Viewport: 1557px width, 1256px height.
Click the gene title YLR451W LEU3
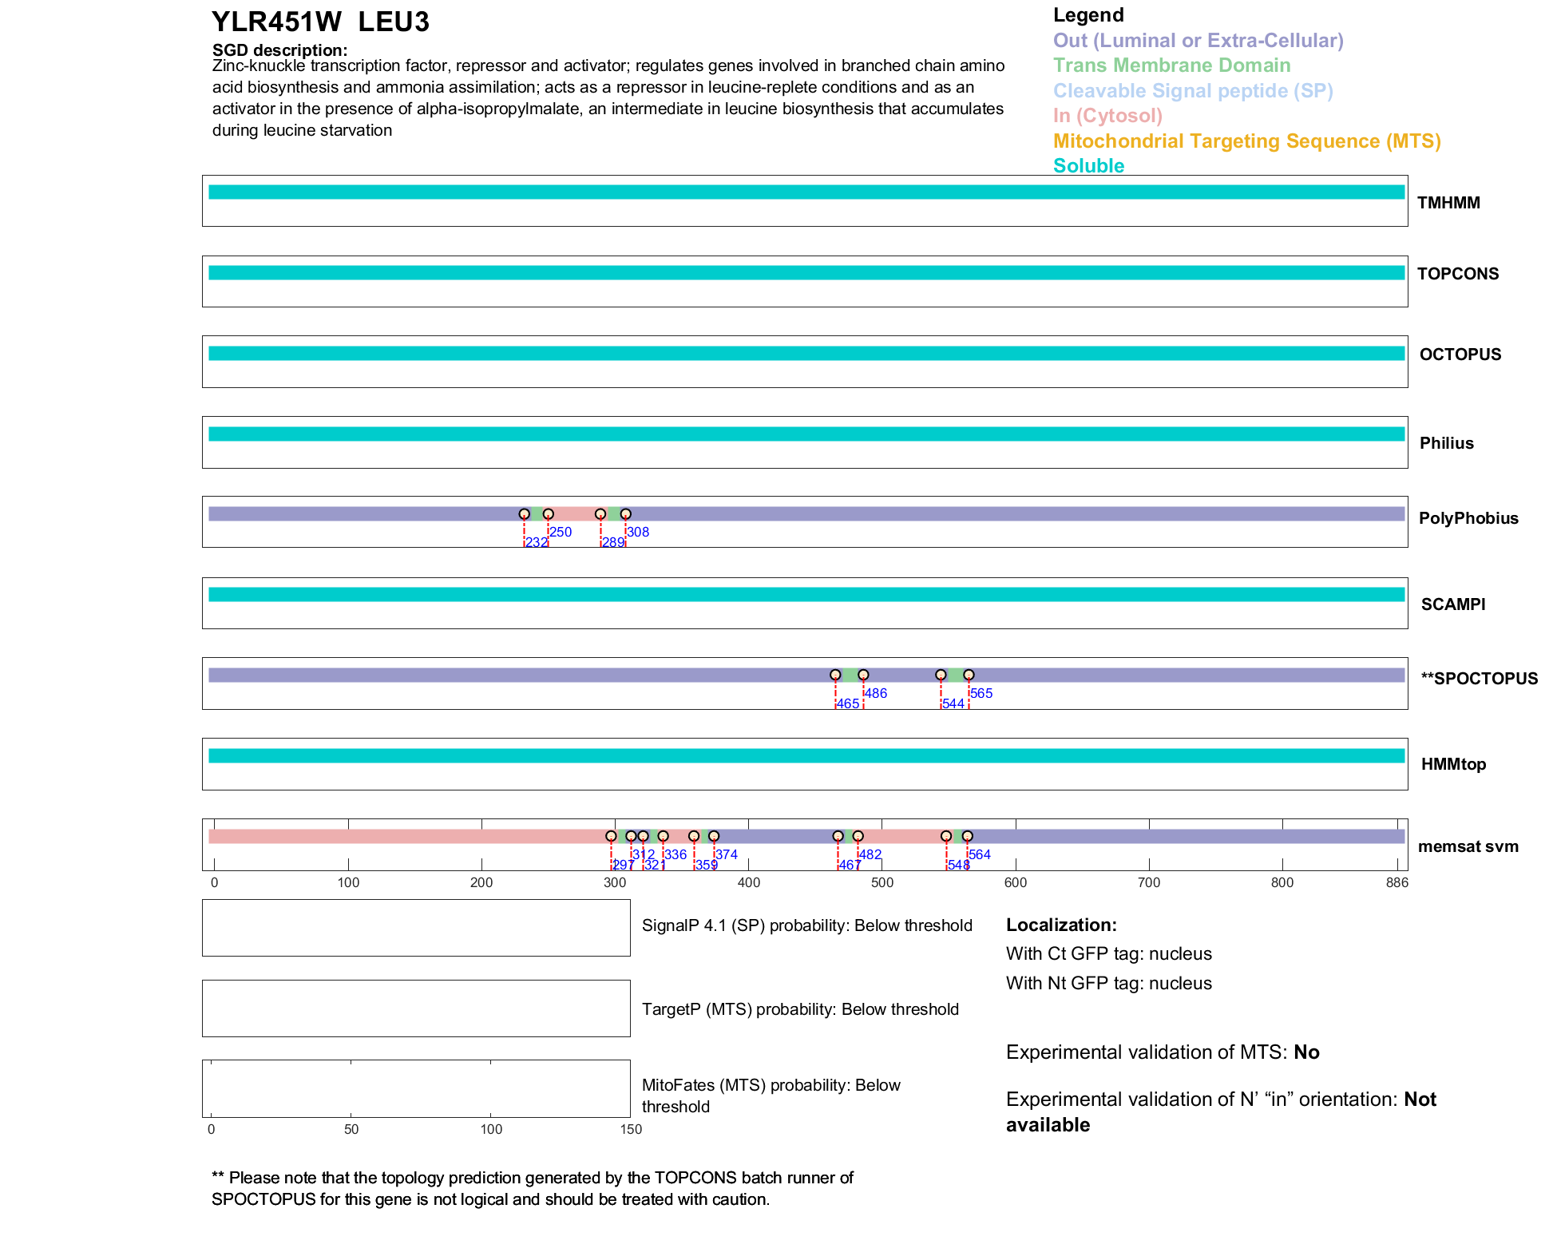pos(320,22)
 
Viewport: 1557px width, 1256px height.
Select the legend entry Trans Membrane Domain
pos(1171,65)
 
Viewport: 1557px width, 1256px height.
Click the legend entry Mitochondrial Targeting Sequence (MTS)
pos(1246,141)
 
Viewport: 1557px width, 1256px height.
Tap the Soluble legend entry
pos(1088,166)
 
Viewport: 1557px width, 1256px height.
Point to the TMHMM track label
pos(1448,203)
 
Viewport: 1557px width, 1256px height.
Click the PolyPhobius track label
pos(1468,518)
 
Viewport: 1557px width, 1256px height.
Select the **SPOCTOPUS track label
pos(1479,679)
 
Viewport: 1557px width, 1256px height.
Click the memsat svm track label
pos(1468,846)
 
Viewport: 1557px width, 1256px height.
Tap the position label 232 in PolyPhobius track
pos(537,543)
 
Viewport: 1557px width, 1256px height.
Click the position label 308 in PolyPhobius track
pos(638,532)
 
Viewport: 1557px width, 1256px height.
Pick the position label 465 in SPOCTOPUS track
pos(848,703)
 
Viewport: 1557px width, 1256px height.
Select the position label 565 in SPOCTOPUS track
pos(981,693)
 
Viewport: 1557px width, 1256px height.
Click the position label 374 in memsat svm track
pos(727,854)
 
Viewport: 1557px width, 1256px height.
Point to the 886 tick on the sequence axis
pos(1397,882)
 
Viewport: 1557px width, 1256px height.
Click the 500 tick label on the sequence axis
pos(882,882)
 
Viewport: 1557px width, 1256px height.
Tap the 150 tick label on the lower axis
pos(631,1129)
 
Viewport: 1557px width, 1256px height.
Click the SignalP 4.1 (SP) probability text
pos(806,925)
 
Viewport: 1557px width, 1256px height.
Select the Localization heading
pos(1060,925)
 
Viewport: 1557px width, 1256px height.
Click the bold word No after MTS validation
pos(1306,1052)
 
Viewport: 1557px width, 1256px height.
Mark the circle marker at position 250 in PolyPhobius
pos(548,514)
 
